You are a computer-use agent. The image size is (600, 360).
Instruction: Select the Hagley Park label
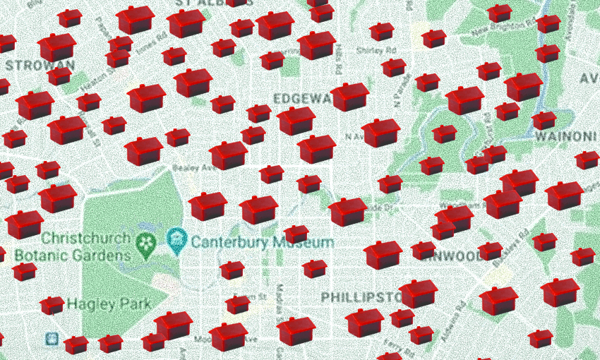[x=109, y=304]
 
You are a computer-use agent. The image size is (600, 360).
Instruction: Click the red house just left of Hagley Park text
[x=52, y=305]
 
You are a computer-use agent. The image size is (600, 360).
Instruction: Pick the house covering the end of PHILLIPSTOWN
[x=418, y=293]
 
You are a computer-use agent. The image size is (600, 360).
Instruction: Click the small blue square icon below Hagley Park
[x=52, y=340]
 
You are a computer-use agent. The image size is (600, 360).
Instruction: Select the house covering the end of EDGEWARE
[x=350, y=97]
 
